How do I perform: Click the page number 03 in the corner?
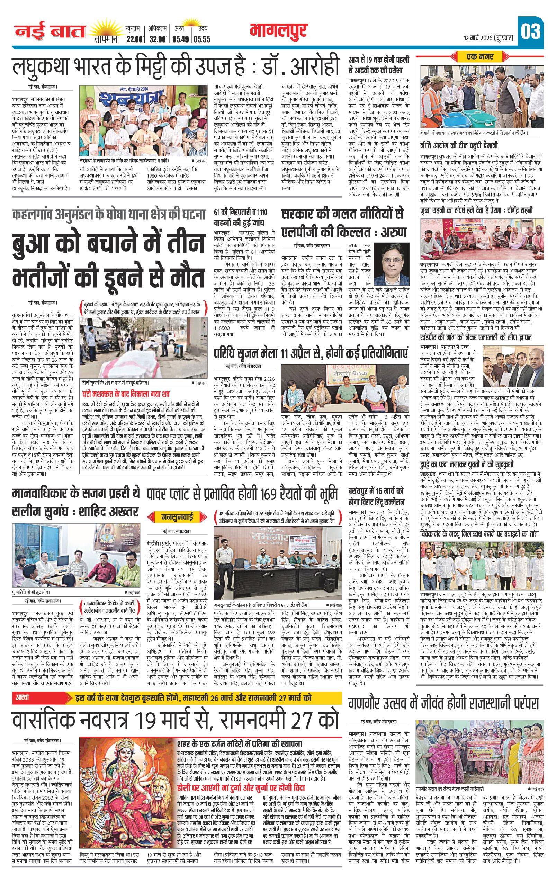[x=530, y=32]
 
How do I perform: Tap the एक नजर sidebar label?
[x=480, y=57]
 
